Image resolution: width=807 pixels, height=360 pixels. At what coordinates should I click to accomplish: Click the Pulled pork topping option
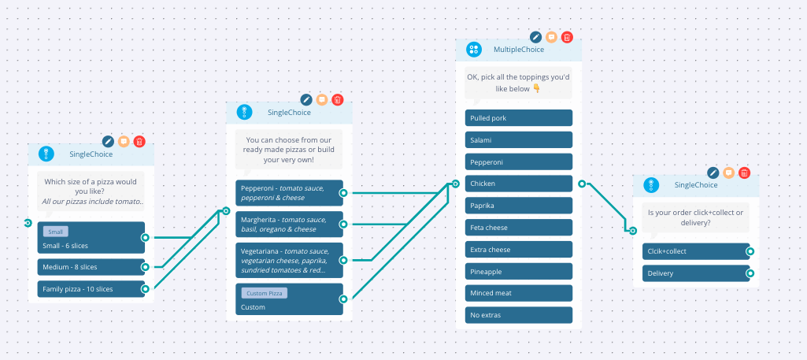coord(518,118)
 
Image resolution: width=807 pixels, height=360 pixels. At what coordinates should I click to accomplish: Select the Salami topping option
coord(518,140)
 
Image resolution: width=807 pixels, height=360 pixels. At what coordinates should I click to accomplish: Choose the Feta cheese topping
coord(518,228)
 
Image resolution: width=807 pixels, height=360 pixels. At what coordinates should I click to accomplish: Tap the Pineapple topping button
coord(518,272)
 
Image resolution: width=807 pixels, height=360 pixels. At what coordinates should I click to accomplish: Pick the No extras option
coord(518,315)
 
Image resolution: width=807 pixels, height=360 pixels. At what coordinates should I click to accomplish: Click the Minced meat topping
coord(518,294)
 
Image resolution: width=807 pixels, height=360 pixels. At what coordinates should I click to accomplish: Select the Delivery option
coord(696,273)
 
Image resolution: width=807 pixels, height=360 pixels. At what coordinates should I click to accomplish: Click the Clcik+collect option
coord(696,251)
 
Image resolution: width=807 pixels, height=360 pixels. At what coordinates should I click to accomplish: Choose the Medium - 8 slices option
coord(91,267)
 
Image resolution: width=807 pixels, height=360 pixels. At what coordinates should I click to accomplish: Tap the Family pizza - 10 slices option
coord(91,289)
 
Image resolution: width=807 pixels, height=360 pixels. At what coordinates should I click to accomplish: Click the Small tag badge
coord(56,232)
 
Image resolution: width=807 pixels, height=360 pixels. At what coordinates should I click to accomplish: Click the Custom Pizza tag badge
coord(265,293)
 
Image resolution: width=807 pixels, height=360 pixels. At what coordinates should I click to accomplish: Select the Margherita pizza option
coord(289,225)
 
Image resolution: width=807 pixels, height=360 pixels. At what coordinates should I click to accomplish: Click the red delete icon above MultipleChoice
coord(567,37)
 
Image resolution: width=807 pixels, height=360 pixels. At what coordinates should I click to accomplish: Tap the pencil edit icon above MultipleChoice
coord(536,37)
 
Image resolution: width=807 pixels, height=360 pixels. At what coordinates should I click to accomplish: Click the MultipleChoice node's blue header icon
coord(473,50)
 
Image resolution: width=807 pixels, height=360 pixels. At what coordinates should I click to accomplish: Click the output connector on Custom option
coord(343,299)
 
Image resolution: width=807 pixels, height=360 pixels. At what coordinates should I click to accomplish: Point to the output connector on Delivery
coord(750,273)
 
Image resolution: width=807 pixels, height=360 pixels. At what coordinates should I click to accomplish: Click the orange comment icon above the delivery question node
coord(728,173)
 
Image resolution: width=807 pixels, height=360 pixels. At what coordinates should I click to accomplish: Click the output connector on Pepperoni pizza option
coord(343,193)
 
